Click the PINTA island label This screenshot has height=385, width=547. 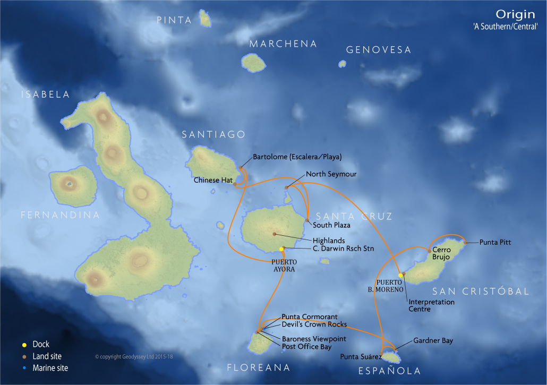coord(174,20)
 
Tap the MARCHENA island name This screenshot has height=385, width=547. coord(283,44)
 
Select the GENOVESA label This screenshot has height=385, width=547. coord(378,50)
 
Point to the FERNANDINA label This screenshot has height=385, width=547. coord(60,215)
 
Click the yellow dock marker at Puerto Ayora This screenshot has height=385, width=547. coord(281,249)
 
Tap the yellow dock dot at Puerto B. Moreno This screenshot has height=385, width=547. coord(400,275)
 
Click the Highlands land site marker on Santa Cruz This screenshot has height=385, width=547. coord(275,234)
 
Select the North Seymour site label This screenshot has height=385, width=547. coord(331,174)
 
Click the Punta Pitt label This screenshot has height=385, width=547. coord(495,242)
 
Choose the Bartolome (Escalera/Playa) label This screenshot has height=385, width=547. coord(297,157)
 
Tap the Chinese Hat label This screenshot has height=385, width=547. coord(213,180)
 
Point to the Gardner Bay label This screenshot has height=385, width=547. coord(433,341)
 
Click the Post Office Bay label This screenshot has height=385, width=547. coord(306,347)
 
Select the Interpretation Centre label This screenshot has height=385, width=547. coord(431,305)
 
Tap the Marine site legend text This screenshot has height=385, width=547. coord(50,367)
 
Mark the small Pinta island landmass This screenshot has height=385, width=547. coord(205,20)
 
